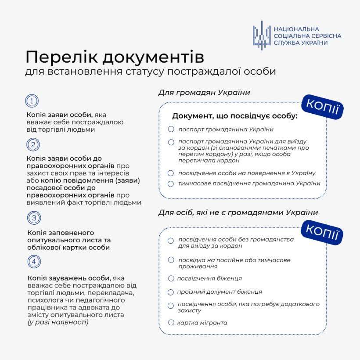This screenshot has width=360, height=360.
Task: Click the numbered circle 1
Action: [x=32, y=101]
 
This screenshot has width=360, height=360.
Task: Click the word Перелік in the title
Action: [x=60, y=58]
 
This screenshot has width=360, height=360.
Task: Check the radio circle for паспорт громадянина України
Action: [x=171, y=129]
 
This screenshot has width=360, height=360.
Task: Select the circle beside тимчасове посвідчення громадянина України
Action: [x=171, y=184]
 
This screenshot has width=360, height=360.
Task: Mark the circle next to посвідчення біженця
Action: [x=171, y=278]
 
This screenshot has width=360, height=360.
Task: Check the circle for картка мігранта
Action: [x=171, y=323]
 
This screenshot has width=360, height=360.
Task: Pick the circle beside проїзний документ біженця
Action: [x=171, y=292]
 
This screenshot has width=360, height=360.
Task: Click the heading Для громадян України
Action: [x=204, y=93]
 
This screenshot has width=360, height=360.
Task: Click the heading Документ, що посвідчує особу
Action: [x=235, y=116]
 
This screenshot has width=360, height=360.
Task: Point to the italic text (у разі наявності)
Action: [x=58, y=322]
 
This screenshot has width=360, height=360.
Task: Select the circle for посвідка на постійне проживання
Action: [x=171, y=260]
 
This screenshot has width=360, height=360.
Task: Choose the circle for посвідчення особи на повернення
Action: [x=171, y=173]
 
